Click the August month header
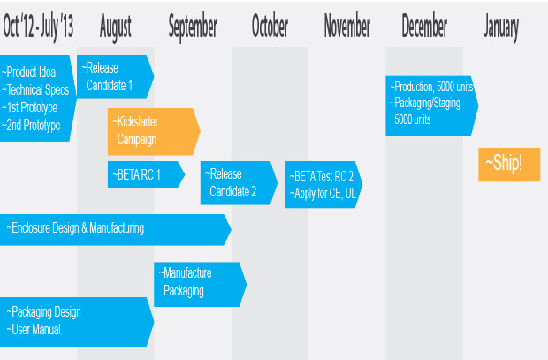point(115,27)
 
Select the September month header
point(193,27)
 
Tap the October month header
point(270,26)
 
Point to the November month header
point(347,26)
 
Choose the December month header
point(424,26)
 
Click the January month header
point(501,27)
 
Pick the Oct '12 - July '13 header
point(38,27)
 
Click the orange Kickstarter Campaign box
point(154,132)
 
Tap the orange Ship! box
point(509,165)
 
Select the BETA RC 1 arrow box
point(146,174)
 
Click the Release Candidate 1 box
point(115,77)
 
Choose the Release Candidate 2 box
point(239,182)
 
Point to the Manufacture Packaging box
point(201,285)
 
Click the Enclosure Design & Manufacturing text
point(75,228)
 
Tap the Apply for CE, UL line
point(323,194)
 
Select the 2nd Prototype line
point(31,126)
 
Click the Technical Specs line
point(35,90)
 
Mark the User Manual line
point(34,330)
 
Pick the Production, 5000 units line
point(431,87)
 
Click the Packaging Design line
point(43,312)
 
